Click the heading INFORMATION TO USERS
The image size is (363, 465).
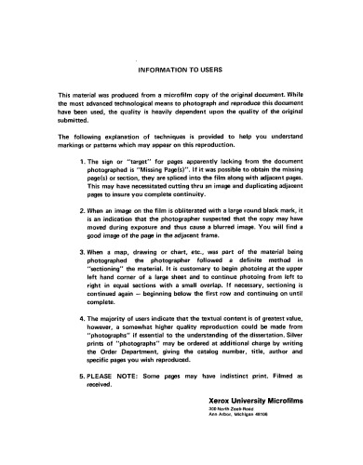(x=181, y=70)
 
